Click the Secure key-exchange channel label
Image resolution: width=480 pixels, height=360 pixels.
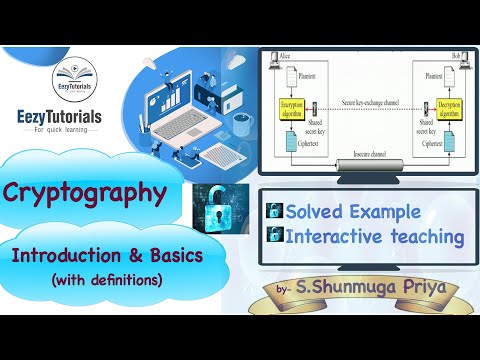(x=364, y=100)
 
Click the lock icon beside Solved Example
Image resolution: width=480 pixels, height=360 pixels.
(x=271, y=212)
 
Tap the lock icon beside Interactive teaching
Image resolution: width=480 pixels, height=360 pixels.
(x=271, y=236)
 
